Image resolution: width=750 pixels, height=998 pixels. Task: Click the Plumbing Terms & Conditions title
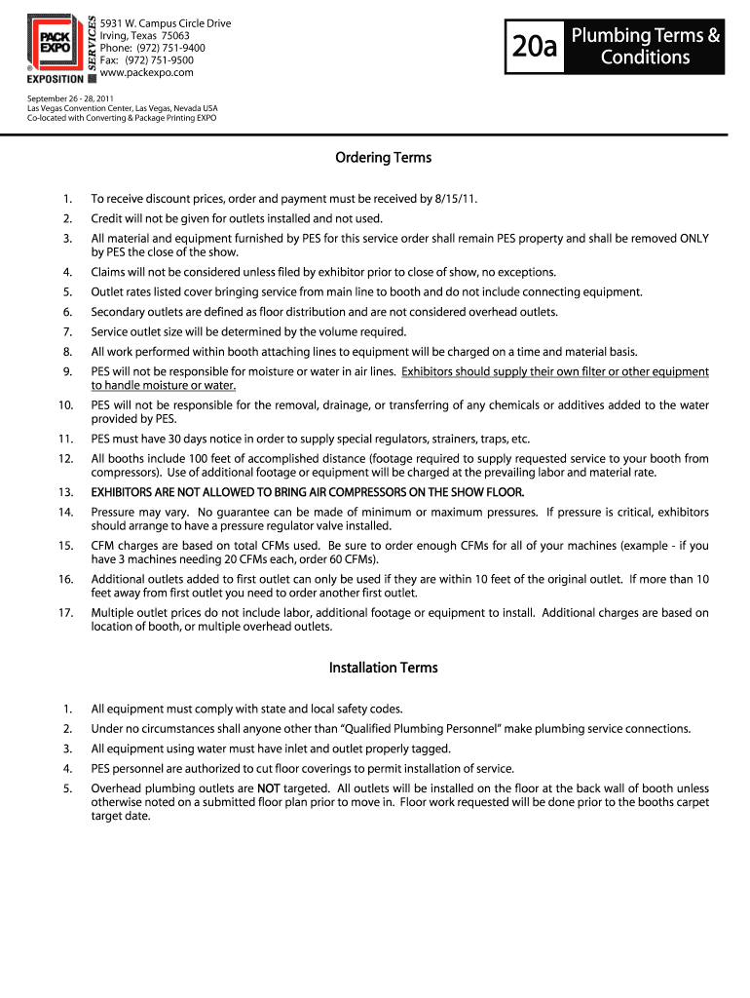click(x=645, y=47)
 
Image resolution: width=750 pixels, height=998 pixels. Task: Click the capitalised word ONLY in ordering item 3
click(x=694, y=238)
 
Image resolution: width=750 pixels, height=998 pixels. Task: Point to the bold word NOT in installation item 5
click(x=269, y=788)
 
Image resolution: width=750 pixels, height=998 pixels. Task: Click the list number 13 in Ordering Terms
click(x=66, y=492)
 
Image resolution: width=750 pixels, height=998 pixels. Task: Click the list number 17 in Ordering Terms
click(x=66, y=613)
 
